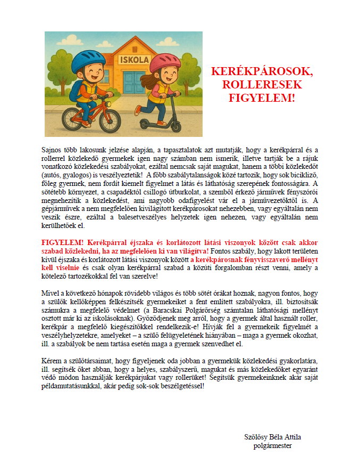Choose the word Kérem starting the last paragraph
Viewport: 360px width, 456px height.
click(51, 361)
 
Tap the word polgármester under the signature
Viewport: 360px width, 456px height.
click(272, 445)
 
